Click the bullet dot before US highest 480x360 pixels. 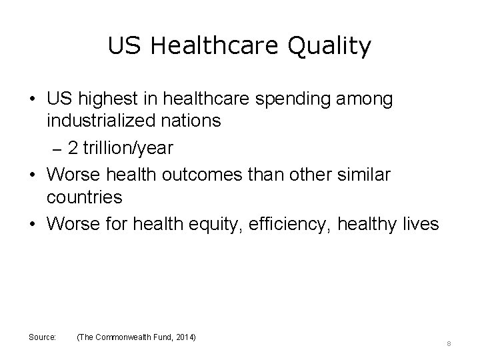[31, 99]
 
